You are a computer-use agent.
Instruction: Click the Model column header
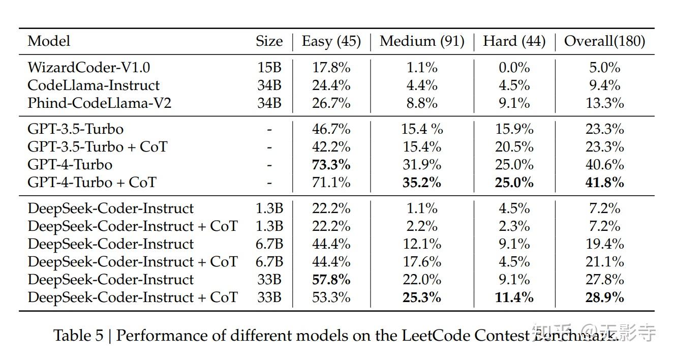click(x=49, y=41)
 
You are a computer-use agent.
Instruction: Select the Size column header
click(x=269, y=41)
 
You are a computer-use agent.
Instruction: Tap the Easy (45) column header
click(x=331, y=41)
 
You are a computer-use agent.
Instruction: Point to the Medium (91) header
click(x=422, y=41)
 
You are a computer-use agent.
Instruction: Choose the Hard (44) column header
click(x=514, y=41)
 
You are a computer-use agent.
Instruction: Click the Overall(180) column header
click(x=604, y=41)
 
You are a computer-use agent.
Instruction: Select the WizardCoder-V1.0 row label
click(x=88, y=67)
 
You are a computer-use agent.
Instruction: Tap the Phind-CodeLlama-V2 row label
click(x=99, y=103)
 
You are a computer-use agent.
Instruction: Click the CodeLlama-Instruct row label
click(x=94, y=85)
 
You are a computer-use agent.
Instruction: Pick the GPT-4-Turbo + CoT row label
click(x=92, y=182)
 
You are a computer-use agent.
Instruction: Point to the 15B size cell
click(x=269, y=67)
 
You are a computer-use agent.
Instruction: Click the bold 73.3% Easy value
click(x=331, y=164)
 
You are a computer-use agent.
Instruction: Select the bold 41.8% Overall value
click(x=604, y=182)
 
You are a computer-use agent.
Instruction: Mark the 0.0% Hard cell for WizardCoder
click(x=514, y=67)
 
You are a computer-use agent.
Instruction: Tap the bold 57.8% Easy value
click(x=331, y=279)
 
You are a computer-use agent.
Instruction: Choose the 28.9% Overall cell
click(x=604, y=297)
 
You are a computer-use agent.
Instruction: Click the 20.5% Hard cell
click(x=514, y=146)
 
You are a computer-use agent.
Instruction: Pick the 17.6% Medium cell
click(x=422, y=261)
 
